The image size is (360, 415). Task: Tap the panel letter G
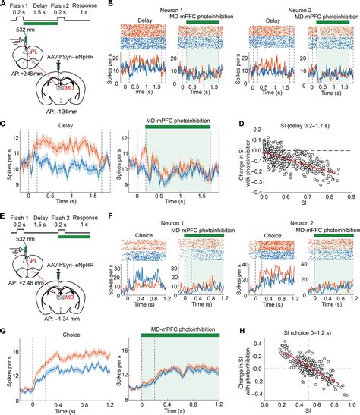[4, 321]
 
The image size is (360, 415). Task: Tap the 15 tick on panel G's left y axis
[17, 352]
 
